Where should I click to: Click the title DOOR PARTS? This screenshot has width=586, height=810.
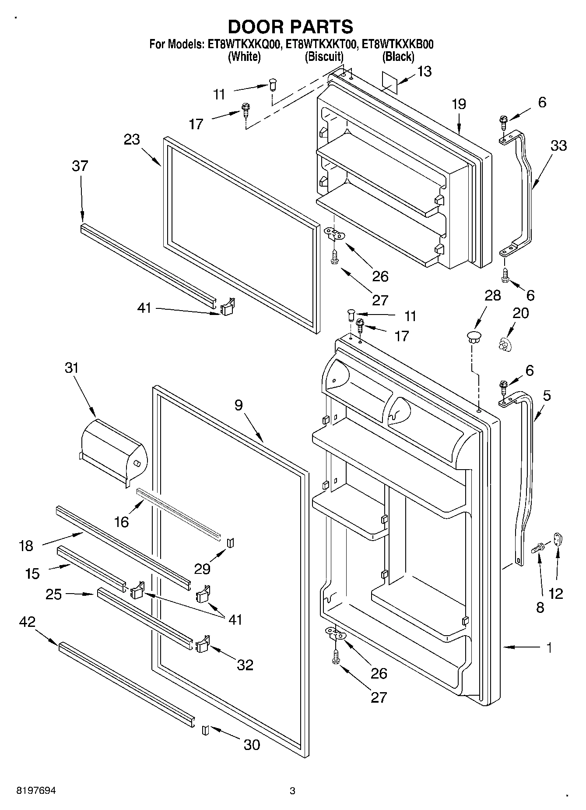(x=290, y=27)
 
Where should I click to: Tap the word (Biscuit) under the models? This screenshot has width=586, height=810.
(x=324, y=57)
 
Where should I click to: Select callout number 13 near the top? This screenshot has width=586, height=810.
(x=424, y=71)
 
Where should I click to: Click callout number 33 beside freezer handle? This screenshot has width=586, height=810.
(x=558, y=145)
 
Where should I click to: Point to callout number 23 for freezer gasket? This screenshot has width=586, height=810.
(x=132, y=139)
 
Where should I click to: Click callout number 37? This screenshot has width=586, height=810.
(x=80, y=166)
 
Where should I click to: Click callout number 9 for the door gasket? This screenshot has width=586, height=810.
(x=238, y=405)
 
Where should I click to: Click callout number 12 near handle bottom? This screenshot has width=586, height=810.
(x=556, y=594)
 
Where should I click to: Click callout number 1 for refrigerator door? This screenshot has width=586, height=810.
(x=549, y=647)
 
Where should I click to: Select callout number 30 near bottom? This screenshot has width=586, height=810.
(x=252, y=744)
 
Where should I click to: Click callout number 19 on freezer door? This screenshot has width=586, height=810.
(x=459, y=104)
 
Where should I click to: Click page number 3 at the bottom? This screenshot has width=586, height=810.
(x=292, y=791)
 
